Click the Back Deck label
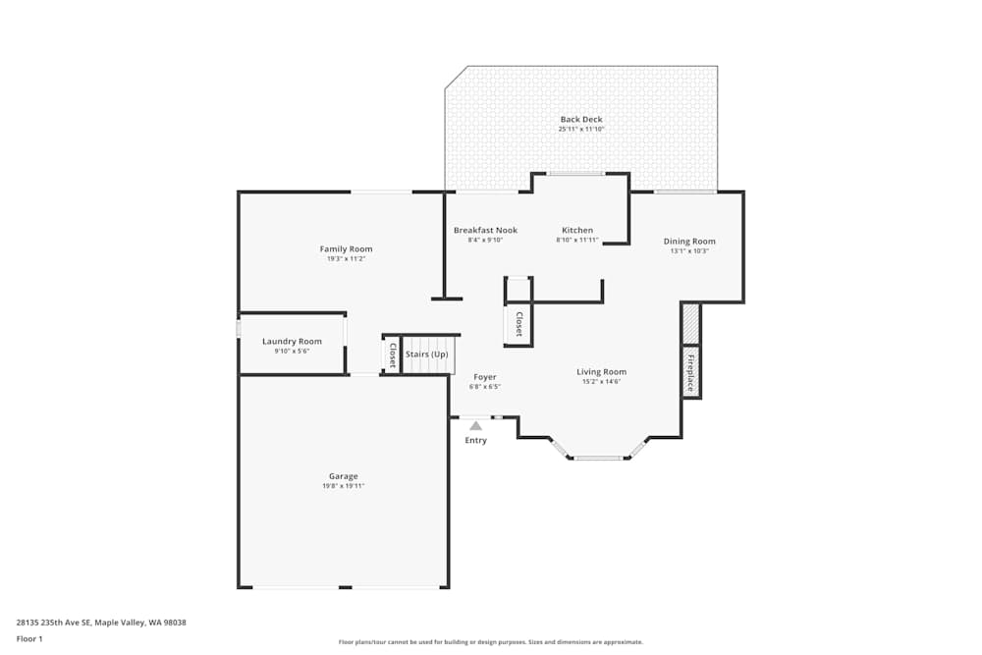click(581, 120)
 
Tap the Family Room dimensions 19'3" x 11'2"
click(346, 259)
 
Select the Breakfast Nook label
click(485, 230)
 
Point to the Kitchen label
click(577, 230)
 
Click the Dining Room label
click(689, 241)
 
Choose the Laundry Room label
click(292, 342)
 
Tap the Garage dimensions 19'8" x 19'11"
click(344, 486)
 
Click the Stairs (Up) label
click(427, 354)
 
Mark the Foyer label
click(485, 377)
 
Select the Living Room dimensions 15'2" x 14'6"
click(601, 381)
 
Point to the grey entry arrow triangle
click(475, 426)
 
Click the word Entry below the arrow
click(475, 440)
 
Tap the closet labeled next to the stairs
click(393, 355)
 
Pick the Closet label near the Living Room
click(518, 324)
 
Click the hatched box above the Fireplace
click(690, 323)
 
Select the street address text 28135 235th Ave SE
click(101, 622)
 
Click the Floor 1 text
click(29, 638)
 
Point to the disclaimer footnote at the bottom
click(491, 642)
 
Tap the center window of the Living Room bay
click(598, 458)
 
